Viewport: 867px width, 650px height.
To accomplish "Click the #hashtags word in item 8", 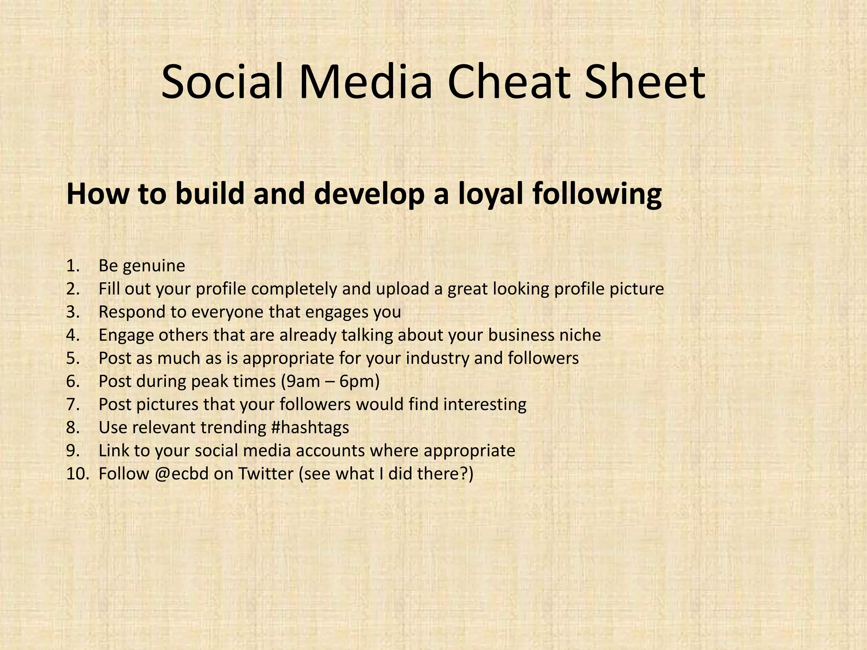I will click(x=310, y=427).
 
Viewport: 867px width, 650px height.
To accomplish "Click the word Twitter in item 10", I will click(x=265, y=474).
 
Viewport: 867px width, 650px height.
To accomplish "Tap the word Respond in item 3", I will click(x=131, y=312).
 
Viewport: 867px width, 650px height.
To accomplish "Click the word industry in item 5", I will click(x=437, y=358).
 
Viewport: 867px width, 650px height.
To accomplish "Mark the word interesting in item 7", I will click(x=485, y=405).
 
